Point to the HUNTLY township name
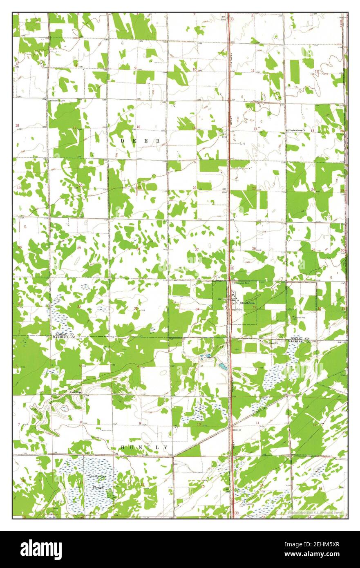point(144,448)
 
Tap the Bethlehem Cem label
point(57,100)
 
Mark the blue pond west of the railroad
point(223,367)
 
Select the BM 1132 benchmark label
point(237,430)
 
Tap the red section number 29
point(79,248)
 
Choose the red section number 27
point(197,249)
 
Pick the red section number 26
point(254,248)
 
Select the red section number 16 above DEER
point(138,127)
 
